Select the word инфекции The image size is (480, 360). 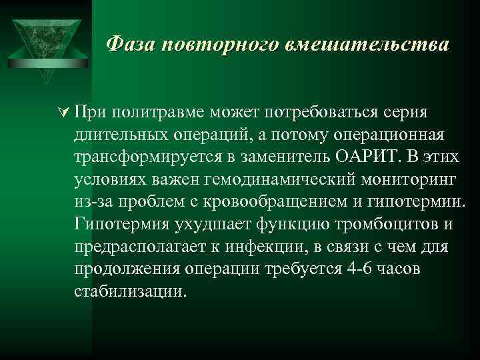tap(274, 247)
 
